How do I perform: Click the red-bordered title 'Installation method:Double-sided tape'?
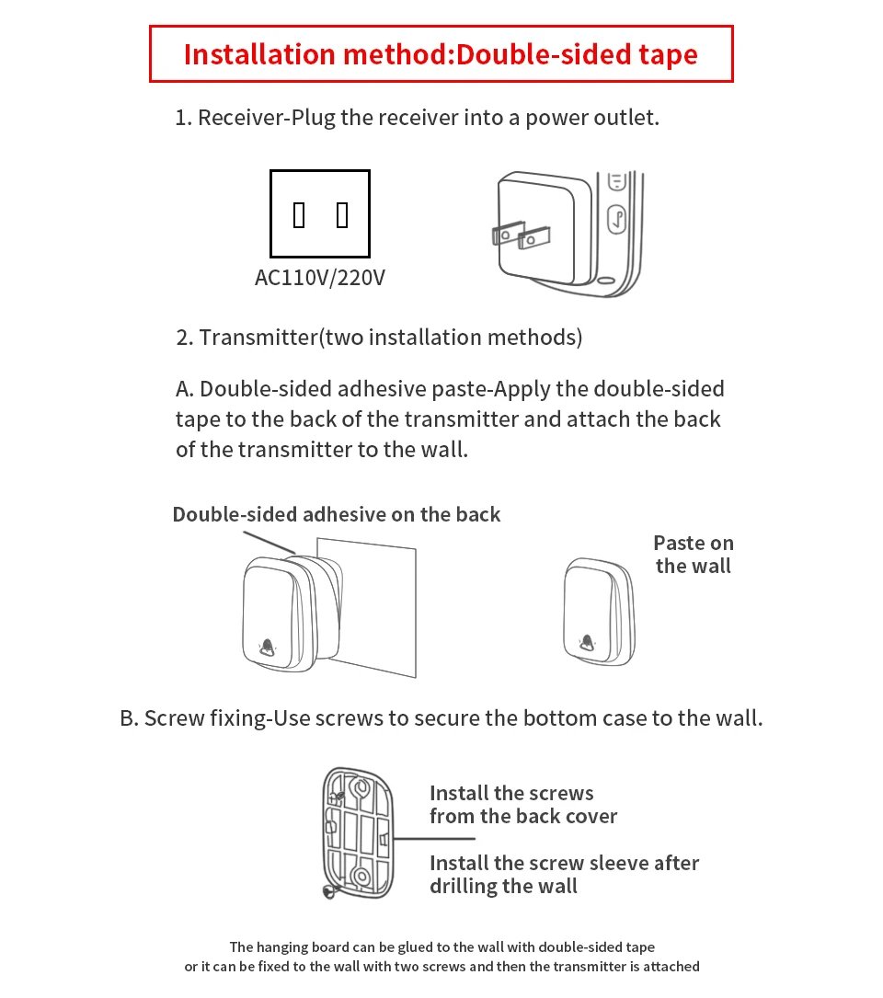point(441,54)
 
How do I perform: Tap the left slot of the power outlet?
point(299,215)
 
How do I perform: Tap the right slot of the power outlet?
point(342,215)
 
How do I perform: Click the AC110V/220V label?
point(319,277)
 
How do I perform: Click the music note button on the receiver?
point(617,219)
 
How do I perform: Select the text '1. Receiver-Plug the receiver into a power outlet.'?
point(417,118)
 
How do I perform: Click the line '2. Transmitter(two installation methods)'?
point(379,338)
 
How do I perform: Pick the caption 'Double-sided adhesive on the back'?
point(336,514)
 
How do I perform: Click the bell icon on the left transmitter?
point(268,647)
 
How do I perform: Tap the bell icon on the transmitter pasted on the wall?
point(586,643)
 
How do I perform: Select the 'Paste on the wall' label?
point(693,555)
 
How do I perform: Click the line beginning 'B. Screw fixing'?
point(441,717)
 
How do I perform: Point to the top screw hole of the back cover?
point(360,788)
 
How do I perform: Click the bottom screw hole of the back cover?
point(360,876)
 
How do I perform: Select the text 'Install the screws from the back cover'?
point(522,805)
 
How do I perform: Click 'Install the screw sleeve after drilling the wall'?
point(564,875)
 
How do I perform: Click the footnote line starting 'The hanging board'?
point(441,946)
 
